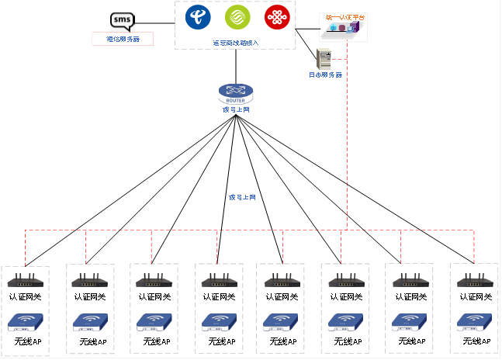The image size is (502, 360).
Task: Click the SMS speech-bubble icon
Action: tap(122, 22)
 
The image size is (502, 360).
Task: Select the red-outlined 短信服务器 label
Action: tap(123, 39)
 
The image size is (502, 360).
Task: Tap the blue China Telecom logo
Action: tap(198, 17)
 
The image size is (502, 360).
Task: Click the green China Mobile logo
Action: tap(237, 17)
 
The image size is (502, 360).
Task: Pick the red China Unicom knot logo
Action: tap(277, 17)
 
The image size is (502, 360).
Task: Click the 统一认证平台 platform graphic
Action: tap(342, 28)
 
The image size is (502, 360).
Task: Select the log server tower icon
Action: tap(324, 59)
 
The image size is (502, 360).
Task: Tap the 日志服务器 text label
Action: tap(325, 75)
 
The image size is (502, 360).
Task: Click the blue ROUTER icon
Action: tap(236, 94)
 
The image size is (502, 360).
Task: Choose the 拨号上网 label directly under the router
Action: tap(236, 110)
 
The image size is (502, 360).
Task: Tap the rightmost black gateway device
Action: tap(473, 281)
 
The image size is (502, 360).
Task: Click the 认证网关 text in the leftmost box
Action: tap(26, 297)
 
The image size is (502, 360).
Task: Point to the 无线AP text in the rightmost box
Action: tap(473, 341)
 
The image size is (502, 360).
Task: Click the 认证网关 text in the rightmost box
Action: tap(473, 296)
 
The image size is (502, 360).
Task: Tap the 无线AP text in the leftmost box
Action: tap(26, 341)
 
